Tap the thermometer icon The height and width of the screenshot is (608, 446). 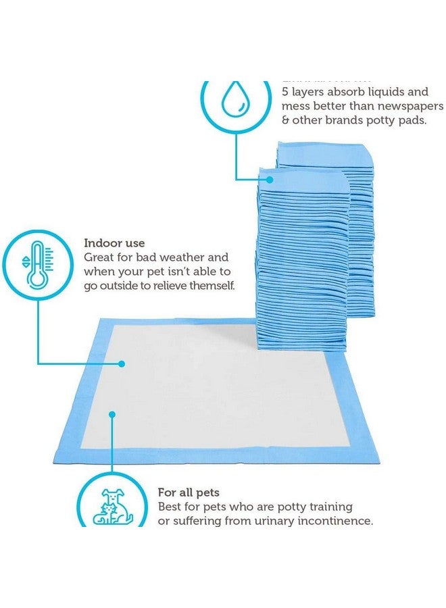coord(37,263)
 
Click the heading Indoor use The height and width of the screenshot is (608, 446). coord(114,243)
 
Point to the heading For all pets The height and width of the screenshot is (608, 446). coord(189,492)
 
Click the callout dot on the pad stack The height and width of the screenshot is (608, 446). coord(270,179)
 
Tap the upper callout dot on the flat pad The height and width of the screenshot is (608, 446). coord(122,363)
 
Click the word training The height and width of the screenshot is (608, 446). coord(329,506)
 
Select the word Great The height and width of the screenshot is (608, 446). coord(99,257)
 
